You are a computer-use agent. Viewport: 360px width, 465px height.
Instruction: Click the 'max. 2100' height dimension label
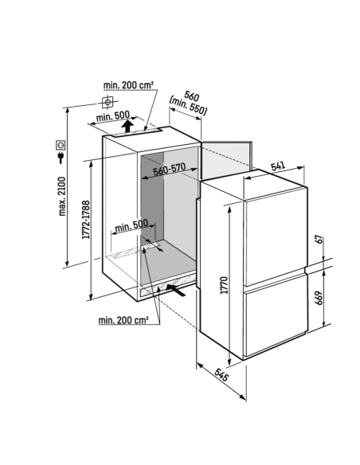tap(61, 196)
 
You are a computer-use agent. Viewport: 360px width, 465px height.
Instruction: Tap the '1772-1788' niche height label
tap(86, 220)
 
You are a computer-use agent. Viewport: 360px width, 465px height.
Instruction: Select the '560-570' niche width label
tap(170, 169)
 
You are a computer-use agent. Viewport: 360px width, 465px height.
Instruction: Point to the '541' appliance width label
tap(278, 166)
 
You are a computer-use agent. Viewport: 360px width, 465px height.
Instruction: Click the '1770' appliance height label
tap(224, 285)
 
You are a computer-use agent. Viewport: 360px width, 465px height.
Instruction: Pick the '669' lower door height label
tap(319, 298)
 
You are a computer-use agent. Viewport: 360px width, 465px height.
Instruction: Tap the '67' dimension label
tap(319, 239)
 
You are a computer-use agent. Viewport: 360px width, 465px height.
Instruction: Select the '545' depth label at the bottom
tap(221, 375)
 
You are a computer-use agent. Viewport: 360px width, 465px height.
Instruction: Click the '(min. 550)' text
tap(188, 106)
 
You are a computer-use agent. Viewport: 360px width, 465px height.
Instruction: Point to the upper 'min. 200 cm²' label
tap(128, 85)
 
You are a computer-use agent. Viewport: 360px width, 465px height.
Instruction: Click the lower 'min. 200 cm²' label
tap(123, 320)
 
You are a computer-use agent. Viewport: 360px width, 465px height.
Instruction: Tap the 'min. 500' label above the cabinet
tap(113, 116)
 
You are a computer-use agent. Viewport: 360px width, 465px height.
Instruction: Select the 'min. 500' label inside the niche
tap(131, 226)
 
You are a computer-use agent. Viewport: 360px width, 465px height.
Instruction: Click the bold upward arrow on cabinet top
tap(127, 126)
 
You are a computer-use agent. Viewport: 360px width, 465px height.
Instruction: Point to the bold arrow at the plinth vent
tap(176, 290)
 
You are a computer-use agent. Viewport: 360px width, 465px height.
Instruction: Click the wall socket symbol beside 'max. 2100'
tap(61, 145)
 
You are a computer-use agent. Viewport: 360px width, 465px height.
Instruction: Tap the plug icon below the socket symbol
tap(61, 158)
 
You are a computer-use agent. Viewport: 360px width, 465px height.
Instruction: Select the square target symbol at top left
tap(108, 102)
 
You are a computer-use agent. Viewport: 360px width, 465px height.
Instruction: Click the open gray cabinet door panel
tap(226, 159)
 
